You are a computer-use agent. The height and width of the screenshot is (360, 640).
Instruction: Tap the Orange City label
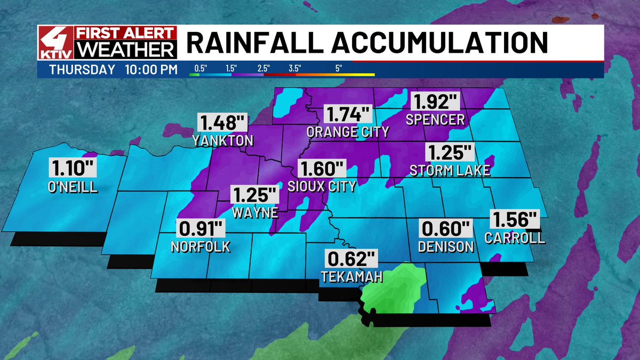coord(348,132)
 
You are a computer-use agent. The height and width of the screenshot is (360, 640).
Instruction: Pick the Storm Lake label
coord(450,170)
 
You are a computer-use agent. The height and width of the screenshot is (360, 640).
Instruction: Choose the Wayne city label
coord(255,212)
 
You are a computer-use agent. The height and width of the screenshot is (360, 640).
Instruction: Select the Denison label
coord(446,246)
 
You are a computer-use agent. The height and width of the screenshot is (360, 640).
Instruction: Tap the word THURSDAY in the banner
coord(81,69)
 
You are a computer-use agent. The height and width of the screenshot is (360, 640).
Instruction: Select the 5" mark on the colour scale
coord(339,69)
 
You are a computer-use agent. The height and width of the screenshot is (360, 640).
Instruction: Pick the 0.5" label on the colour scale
coord(201,69)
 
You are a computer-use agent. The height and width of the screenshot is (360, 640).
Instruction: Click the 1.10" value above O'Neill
coord(74,167)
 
